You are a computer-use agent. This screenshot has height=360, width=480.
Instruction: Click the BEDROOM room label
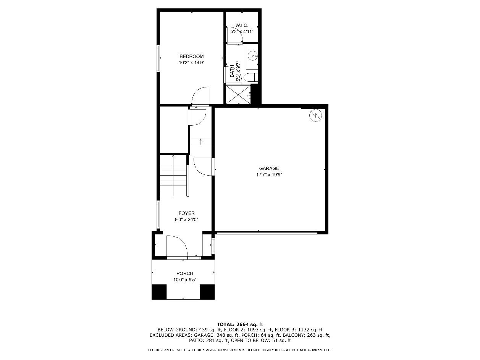pyautogui.click(x=191, y=56)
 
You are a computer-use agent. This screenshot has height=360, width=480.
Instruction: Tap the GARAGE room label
pyautogui.click(x=269, y=168)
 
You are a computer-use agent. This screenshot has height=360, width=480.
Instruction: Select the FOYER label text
pyautogui.click(x=186, y=213)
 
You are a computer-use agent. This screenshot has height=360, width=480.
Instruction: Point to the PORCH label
pyautogui.click(x=185, y=273)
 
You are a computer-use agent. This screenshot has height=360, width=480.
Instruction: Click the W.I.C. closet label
pyautogui.click(x=242, y=25)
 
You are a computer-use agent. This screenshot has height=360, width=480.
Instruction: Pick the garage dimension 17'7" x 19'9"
pyautogui.click(x=269, y=174)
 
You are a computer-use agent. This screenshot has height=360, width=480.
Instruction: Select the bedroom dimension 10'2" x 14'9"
pyautogui.click(x=191, y=63)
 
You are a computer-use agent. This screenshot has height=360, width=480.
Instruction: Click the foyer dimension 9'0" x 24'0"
pyautogui.click(x=186, y=220)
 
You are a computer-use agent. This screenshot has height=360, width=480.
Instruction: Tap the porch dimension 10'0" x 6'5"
pyautogui.click(x=185, y=279)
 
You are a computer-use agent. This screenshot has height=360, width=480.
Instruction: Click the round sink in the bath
pyautogui.click(x=253, y=56)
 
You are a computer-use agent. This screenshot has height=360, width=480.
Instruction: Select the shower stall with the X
pyautogui.click(x=238, y=95)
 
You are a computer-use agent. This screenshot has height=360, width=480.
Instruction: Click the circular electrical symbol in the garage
pyautogui.click(x=315, y=115)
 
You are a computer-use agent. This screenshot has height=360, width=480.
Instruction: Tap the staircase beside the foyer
pyautogui.click(x=174, y=176)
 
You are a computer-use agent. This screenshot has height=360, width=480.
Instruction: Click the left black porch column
pyautogui.click(x=159, y=292)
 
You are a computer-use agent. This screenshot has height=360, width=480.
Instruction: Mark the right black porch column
pyautogui.click(x=207, y=292)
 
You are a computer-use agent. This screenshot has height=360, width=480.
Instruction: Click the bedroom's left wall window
pyautogui.click(x=158, y=58)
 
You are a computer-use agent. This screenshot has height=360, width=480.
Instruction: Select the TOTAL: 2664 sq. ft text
pyautogui.click(x=240, y=324)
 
